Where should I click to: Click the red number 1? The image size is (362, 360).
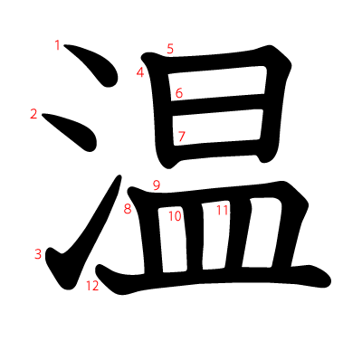click(x=59, y=44)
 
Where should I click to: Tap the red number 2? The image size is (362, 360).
click(x=34, y=114)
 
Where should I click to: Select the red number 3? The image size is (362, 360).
click(x=38, y=254)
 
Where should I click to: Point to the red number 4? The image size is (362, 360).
click(x=140, y=72)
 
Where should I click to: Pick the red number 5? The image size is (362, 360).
click(x=170, y=48)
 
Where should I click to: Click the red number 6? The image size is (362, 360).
click(x=179, y=93)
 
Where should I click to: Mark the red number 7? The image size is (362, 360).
click(x=181, y=137)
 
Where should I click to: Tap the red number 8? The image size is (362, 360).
click(x=128, y=209)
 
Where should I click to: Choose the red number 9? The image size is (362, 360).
click(x=156, y=185)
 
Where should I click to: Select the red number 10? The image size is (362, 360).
click(x=175, y=216)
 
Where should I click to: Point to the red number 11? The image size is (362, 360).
click(x=223, y=210)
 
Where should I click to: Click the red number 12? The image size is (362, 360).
click(x=92, y=287)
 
